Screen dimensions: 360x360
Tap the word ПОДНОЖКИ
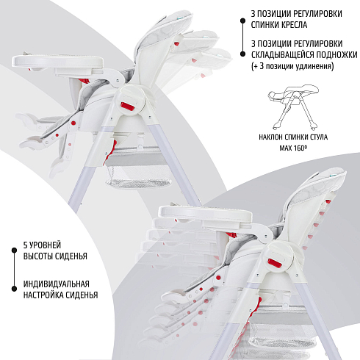336,55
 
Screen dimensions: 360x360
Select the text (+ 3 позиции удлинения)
292,66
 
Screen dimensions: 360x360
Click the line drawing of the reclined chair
293,107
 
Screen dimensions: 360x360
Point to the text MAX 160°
293,148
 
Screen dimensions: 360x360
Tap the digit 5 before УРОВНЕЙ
26,245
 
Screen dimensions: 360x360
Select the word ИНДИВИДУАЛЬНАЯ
57,284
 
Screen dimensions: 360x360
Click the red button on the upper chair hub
128,107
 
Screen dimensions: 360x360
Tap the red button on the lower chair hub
276,264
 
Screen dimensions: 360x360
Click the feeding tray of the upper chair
58,61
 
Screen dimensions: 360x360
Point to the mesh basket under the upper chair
138,175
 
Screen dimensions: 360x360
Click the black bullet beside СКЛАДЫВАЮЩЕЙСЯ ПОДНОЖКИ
242,54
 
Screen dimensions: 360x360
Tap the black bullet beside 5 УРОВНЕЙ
14,250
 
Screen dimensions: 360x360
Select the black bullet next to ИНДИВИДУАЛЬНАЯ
14,289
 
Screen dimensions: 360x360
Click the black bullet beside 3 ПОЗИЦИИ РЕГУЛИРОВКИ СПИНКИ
242,21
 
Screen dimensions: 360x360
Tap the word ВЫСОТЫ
38,256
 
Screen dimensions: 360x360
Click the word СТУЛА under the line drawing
318,137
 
